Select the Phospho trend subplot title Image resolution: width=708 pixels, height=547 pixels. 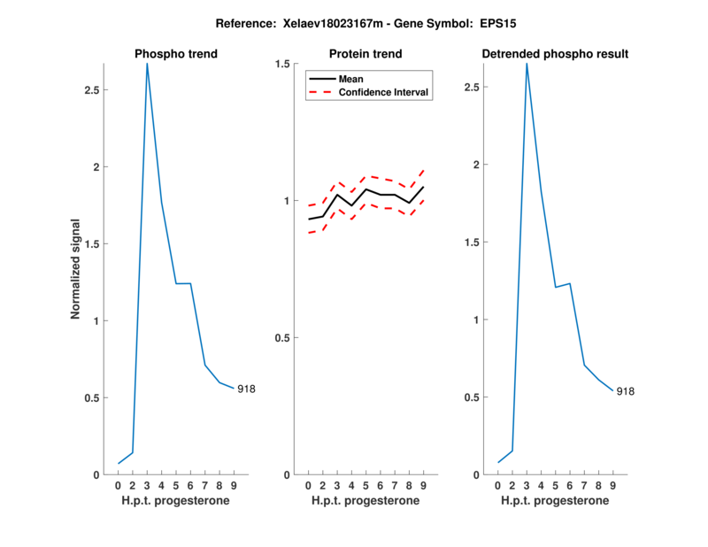pos(176,54)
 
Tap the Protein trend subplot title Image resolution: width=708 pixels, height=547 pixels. pos(366,54)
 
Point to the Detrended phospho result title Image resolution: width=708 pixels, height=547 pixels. pos(555,54)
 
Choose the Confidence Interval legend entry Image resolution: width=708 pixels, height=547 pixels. pos(384,91)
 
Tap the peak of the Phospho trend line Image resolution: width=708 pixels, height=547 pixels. pos(147,64)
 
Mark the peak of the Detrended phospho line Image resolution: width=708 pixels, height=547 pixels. pos(527,64)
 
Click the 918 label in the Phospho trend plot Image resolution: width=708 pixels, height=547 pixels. pos(246,389)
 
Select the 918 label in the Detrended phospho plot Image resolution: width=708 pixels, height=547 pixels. pos(626,391)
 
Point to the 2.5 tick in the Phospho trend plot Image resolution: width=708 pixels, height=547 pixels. pos(92,90)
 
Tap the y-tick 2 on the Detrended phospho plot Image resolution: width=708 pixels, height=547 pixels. pos(478,165)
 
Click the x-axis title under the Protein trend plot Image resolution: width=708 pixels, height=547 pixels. pos(366,501)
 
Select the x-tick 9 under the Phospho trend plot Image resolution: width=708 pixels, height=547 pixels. pos(234,485)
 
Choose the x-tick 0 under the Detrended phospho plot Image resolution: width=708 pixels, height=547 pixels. pos(498,485)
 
